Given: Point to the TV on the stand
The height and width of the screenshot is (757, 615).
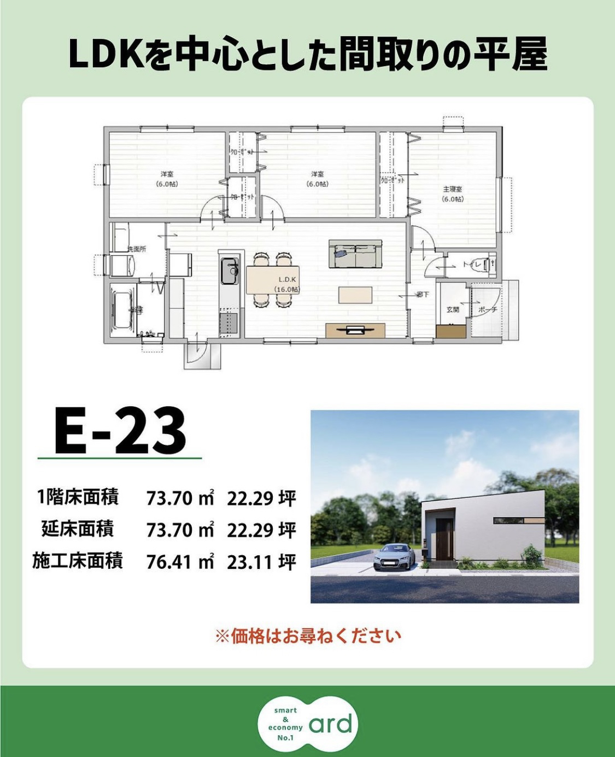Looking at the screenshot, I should [x=355, y=329].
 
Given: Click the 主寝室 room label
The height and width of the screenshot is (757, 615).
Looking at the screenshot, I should [x=453, y=189].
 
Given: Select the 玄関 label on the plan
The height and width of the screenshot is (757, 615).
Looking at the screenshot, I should [x=453, y=309].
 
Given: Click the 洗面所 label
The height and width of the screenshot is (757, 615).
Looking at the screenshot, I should [x=137, y=249].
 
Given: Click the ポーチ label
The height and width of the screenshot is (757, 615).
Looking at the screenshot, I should [x=487, y=309].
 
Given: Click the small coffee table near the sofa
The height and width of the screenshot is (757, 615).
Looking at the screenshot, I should [x=355, y=295].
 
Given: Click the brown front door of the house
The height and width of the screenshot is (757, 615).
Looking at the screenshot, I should [x=443, y=541].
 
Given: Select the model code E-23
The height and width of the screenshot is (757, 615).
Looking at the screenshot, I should [x=120, y=432].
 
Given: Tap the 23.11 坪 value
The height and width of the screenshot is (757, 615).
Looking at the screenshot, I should [x=261, y=561].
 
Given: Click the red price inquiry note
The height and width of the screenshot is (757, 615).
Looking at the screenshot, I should [x=308, y=636].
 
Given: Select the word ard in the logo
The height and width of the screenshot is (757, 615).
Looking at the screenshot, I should [x=332, y=724].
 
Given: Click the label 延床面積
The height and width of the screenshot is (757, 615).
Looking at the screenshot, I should [x=78, y=530].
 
